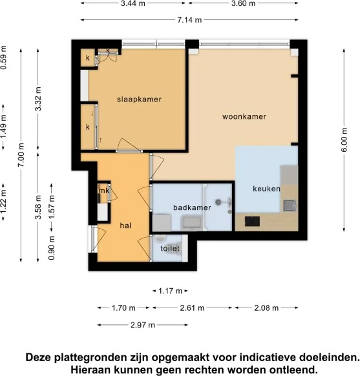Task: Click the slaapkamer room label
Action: (138, 99)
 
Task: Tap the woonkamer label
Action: (244, 117)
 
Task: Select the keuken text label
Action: (266, 189)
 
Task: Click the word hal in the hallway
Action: (125, 225)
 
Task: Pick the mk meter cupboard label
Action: (103, 191)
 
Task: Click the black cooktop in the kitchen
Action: (251, 223)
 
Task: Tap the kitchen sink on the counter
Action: (289, 205)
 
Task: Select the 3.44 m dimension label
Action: (132, 4)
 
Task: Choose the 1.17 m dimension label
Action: (171, 291)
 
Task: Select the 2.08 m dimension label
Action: (266, 308)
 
